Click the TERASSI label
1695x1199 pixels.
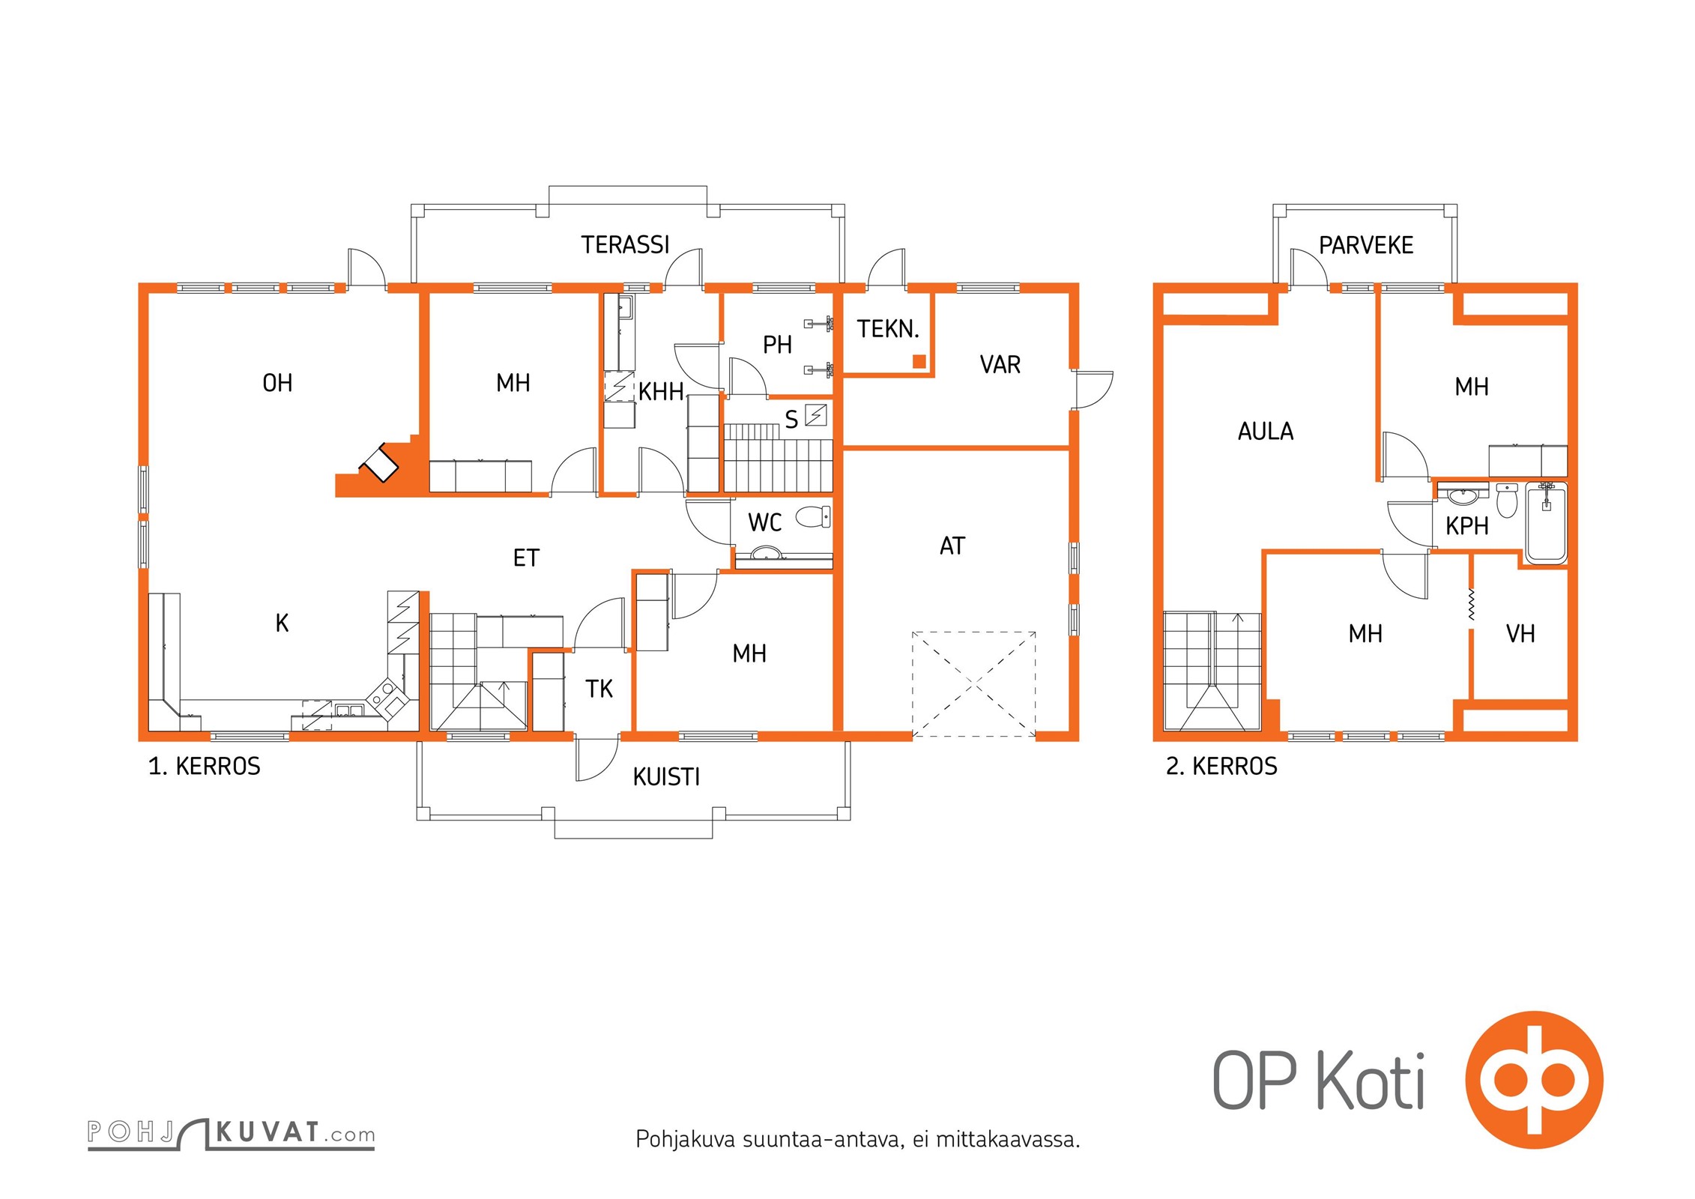[625, 245]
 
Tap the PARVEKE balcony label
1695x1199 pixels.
[1365, 245]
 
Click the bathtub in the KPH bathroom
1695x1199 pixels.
[1546, 523]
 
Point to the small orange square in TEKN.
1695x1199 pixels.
[919, 362]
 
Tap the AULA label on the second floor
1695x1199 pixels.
[1265, 432]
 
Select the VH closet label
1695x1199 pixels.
[1520, 634]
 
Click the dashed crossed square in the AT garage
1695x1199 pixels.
[973, 684]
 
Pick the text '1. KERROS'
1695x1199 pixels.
[205, 767]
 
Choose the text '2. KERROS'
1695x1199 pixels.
[1221, 767]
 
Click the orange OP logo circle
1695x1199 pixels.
[1534, 1081]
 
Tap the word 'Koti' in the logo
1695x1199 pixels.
[1370, 1081]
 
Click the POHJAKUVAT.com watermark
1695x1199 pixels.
[231, 1133]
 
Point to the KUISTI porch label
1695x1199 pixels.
[666, 777]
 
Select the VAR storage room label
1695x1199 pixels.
[1000, 365]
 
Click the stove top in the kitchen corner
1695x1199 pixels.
[387, 695]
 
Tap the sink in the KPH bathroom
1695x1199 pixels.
[1462, 496]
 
